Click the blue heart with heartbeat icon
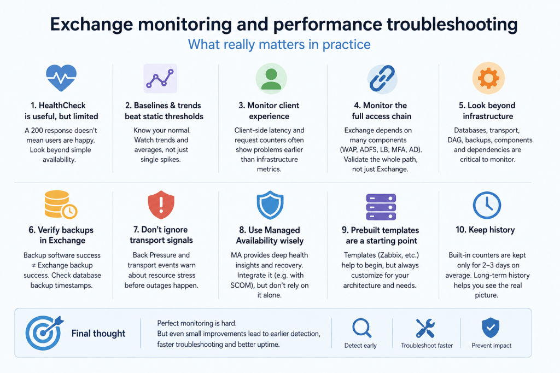61,78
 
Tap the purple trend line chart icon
160,78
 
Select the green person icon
271,79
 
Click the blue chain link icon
382,79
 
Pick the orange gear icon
488,78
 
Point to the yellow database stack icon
60,205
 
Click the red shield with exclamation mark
161,205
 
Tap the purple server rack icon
381,207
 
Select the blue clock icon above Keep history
487,205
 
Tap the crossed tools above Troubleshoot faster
425,328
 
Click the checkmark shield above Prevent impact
491,328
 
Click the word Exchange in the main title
91,25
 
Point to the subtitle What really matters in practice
279,44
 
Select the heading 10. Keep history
485,230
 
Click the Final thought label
98,333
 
